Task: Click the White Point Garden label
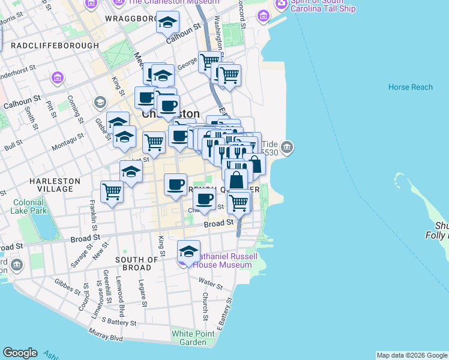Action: click(x=188, y=338)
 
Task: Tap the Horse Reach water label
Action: click(x=410, y=87)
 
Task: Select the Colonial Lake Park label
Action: click(x=28, y=206)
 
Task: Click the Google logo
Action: click(x=20, y=353)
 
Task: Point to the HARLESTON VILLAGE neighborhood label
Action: click(x=51, y=184)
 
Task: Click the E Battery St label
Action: click(x=223, y=315)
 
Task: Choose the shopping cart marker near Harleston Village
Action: click(x=112, y=191)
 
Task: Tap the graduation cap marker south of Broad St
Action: click(x=188, y=251)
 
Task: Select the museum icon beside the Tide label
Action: click(x=287, y=147)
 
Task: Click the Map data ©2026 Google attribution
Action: click(x=411, y=355)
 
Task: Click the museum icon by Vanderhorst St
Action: click(x=57, y=77)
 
